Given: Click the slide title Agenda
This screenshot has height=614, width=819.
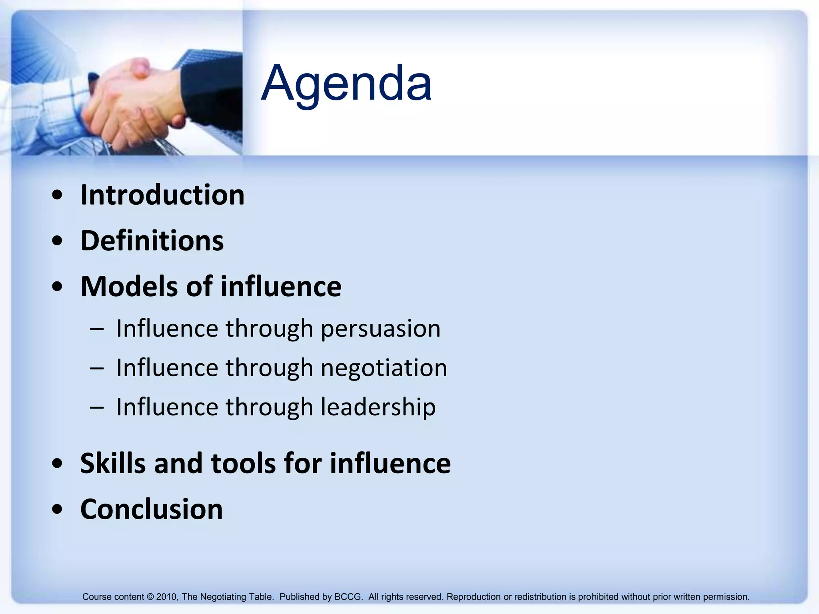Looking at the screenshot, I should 346,83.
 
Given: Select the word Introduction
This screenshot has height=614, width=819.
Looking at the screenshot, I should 162,195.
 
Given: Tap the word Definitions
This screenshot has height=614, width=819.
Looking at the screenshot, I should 152,241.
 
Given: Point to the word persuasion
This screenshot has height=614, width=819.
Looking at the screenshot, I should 381,329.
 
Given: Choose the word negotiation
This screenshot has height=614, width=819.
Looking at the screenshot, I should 384,368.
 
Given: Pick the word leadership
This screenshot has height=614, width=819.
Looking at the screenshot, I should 378,407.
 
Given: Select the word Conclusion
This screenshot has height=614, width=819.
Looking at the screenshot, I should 152,509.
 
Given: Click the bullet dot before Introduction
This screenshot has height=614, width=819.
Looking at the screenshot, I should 58,195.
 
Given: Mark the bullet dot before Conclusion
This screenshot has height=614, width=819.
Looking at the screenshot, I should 58,509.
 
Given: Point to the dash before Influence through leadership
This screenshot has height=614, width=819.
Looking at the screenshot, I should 97,407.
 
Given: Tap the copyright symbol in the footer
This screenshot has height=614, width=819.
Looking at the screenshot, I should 150,597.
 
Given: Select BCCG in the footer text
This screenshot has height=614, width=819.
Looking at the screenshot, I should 348,597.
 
